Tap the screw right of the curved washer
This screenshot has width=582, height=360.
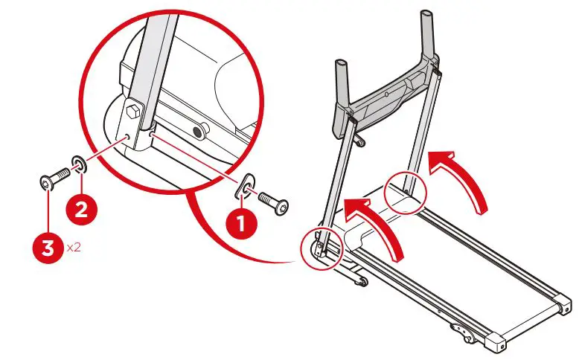coord(274,203)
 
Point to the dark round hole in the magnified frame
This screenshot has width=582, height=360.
coord(199,132)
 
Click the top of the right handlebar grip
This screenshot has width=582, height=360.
coord(427,15)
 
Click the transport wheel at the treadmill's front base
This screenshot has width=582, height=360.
coord(361,280)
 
